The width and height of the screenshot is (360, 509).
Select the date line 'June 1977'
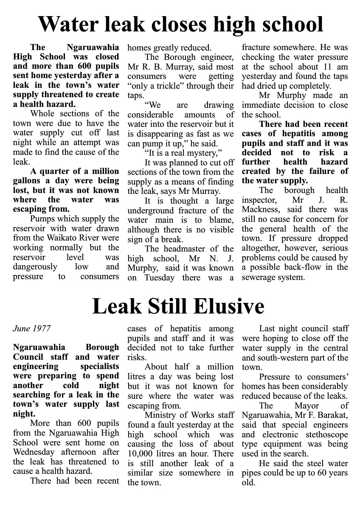(31, 328)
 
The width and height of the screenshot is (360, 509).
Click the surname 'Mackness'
(260, 210)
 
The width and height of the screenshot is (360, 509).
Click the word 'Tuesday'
(159, 278)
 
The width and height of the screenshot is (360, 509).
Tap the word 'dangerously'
(35, 267)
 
